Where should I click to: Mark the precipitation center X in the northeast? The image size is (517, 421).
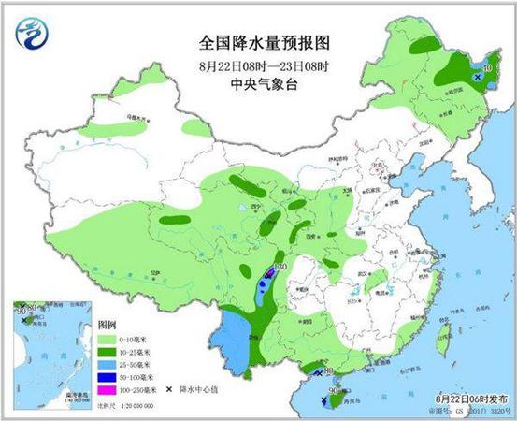point(477,79)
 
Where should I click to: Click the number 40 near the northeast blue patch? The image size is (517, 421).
point(486,67)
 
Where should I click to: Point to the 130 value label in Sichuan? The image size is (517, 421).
point(278,269)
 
